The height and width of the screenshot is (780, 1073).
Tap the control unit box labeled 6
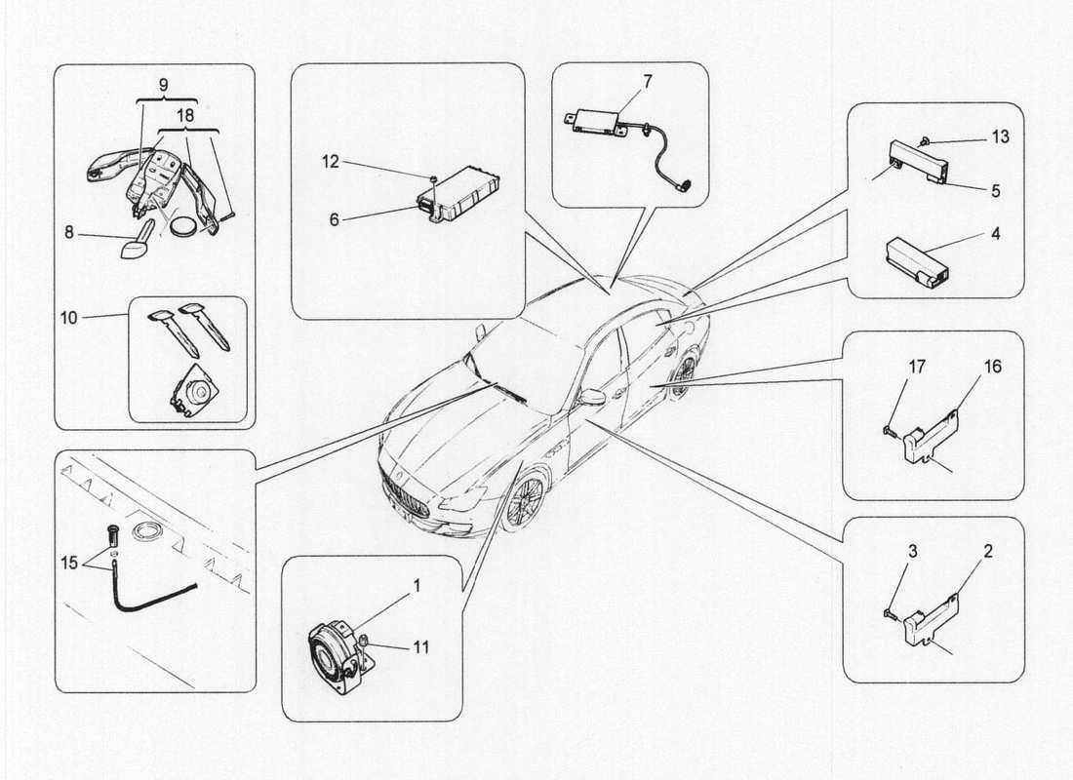[x=459, y=196]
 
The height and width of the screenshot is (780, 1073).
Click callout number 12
[x=331, y=162]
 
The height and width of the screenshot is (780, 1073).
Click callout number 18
[x=184, y=114]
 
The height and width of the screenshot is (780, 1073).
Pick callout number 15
[x=68, y=563]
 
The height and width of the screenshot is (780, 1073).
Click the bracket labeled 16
[x=931, y=435]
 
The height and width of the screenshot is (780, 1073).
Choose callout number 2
[x=987, y=551]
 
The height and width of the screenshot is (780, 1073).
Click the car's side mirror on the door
[x=592, y=397]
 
